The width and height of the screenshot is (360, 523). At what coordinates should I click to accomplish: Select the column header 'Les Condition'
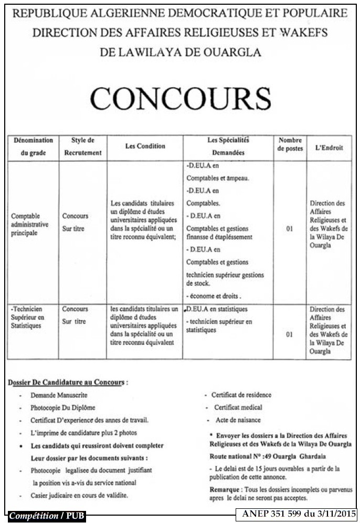[145, 147]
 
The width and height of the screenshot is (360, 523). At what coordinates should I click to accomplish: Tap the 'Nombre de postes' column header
[290, 144]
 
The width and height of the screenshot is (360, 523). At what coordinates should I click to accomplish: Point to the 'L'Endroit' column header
[329, 148]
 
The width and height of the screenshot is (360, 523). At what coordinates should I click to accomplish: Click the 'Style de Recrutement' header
[82, 147]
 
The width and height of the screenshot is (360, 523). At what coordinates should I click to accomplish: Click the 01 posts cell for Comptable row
[290, 228]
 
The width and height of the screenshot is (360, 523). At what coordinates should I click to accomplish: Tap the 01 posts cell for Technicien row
[290, 334]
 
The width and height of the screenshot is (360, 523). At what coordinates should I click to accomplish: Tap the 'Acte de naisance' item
[238, 420]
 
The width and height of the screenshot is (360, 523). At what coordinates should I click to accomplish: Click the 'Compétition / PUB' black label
[47, 516]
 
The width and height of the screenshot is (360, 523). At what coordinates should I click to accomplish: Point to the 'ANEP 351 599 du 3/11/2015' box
[299, 514]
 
